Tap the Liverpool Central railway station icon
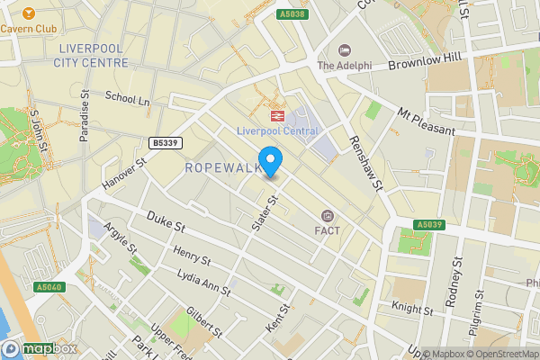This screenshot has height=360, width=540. (x=275, y=114)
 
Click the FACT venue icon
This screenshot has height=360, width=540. (x=327, y=215)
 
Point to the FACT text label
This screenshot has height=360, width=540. (x=327, y=230)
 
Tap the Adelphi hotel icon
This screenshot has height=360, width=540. (x=343, y=49)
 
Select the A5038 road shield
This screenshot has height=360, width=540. (x=292, y=13)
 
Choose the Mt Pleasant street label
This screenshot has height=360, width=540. (x=427, y=122)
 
